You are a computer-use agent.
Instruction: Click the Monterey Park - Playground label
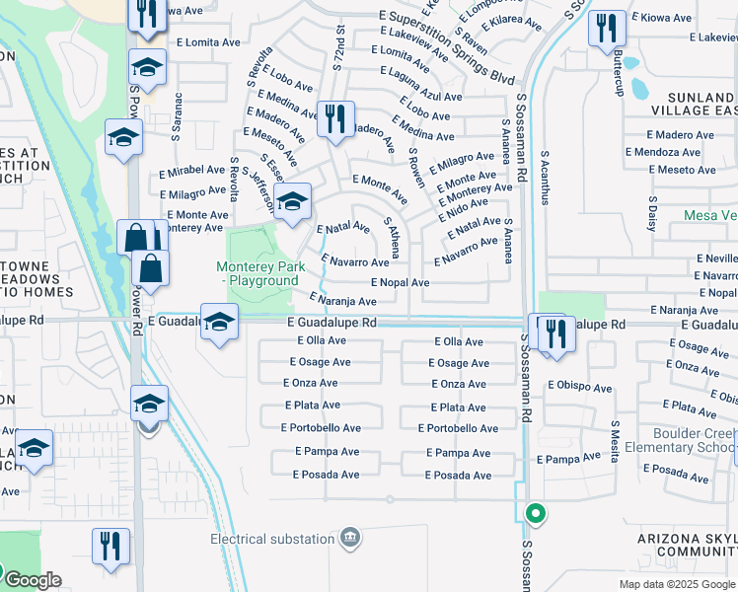pos(257,273)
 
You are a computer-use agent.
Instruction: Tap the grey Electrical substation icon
pos(348,538)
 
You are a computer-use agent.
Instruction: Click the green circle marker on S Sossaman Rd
pos(536,513)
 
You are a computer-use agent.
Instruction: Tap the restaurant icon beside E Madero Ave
pos(335,119)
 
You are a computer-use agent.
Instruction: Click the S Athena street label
pos(392,238)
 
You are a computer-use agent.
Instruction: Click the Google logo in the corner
pos(32,580)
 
